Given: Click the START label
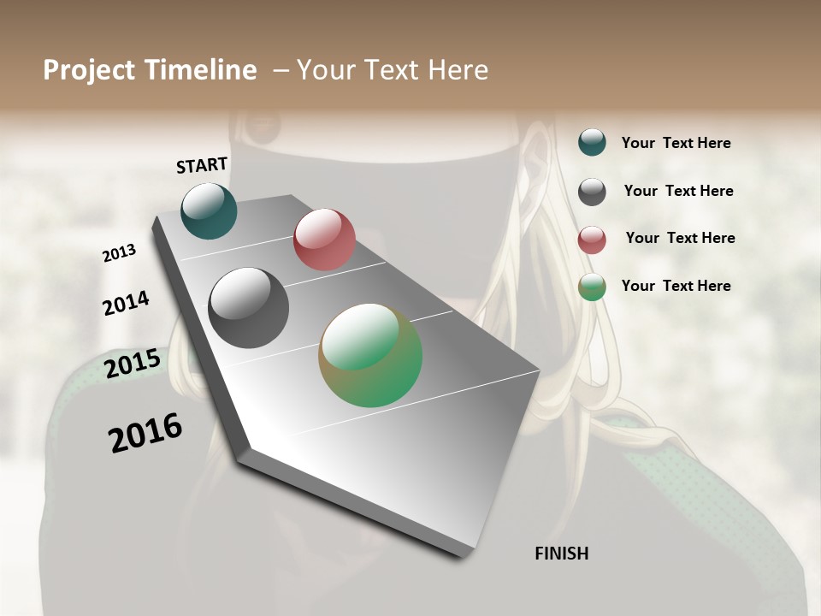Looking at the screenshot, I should click(202, 165).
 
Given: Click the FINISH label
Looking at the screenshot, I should click(561, 554).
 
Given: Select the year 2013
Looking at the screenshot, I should click(120, 253).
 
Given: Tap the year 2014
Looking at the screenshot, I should click(126, 303).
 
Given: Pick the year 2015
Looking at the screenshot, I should click(133, 364).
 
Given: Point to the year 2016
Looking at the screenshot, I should click(145, 433).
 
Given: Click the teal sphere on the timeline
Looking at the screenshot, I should click(209, 210).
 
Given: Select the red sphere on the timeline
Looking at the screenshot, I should click(324, 240).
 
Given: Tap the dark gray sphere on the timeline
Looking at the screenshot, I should click(249, 308).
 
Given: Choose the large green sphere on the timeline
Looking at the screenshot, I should click(370, 355).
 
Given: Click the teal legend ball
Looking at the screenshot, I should click(592, 142).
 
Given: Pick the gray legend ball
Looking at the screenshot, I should click(592, 192).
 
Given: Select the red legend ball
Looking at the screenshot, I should click(592, 240).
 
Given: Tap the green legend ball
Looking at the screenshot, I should click(592, 287).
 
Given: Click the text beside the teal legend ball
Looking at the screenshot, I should click(676, 143).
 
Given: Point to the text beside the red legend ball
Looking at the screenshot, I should click(680, 238).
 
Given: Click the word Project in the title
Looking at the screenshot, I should click(88, 70).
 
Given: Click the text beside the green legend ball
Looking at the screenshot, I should click(676, 286).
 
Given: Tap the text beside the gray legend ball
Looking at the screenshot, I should click(678, 191).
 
